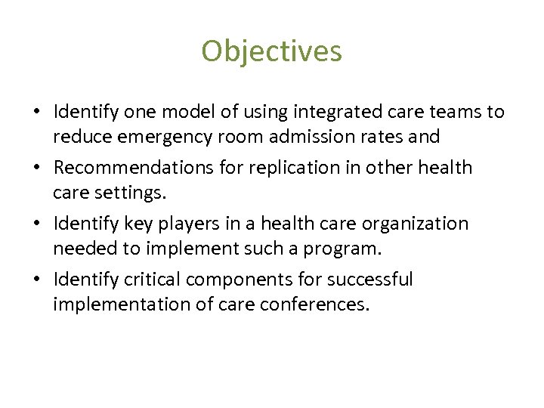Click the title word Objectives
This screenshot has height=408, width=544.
(271, 51)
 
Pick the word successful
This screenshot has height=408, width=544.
(370, 280)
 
